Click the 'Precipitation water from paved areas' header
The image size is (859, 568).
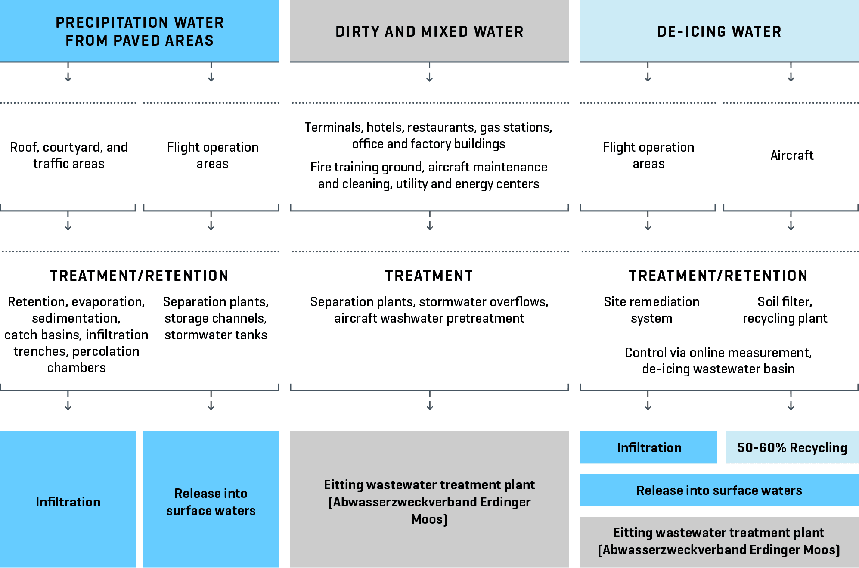(140, 31)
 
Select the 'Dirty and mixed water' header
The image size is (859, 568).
(429, 31)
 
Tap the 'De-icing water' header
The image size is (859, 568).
(719, 31)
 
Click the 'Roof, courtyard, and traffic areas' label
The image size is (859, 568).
(69, 155)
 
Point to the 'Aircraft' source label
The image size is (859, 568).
(792, 155)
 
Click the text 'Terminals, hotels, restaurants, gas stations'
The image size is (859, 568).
(428, 127)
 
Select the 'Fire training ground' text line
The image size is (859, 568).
(428, 167)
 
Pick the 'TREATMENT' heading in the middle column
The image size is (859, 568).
(429, 276)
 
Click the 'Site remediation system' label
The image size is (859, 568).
(651, 310)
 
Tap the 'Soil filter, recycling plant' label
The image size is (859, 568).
(785, 310)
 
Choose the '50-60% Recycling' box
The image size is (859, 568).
(792, 447)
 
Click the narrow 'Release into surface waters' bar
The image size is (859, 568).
(719, 490)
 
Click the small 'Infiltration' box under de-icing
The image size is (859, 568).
(648, 447)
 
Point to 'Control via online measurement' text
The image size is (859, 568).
(718, 353)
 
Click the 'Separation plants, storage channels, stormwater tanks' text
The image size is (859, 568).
(215, 318)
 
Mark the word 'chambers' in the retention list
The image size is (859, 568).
(76, 368)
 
